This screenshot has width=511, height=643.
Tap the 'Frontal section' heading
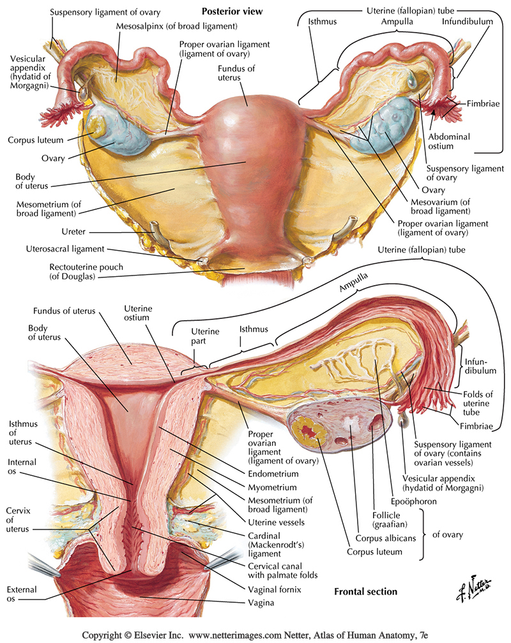tap(365, 591)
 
